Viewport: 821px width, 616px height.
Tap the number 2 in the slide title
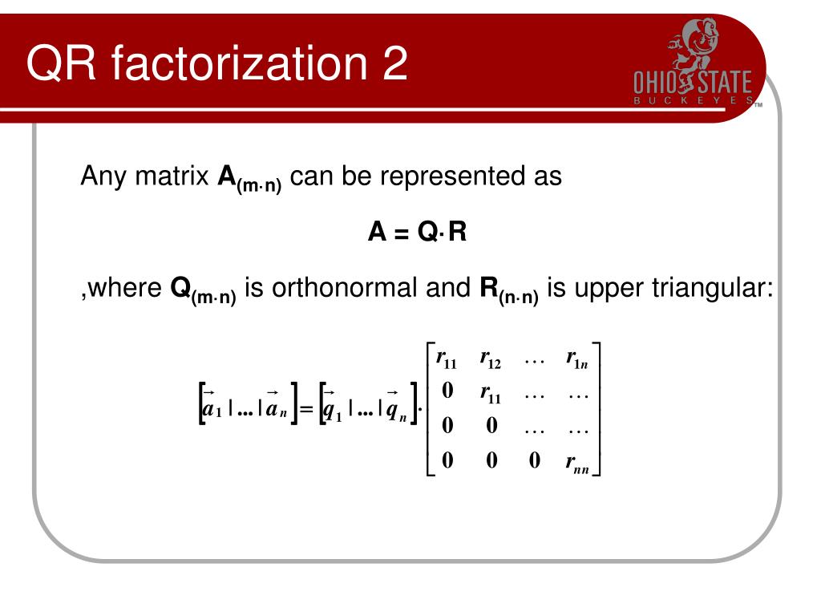click(392, 64)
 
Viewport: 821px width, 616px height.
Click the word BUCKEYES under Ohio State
click(694, 101)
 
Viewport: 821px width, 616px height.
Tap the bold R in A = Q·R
click(458, 232)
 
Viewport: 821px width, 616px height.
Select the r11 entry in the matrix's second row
click(490, 393)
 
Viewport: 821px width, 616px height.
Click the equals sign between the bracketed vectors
click(305, 411)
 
